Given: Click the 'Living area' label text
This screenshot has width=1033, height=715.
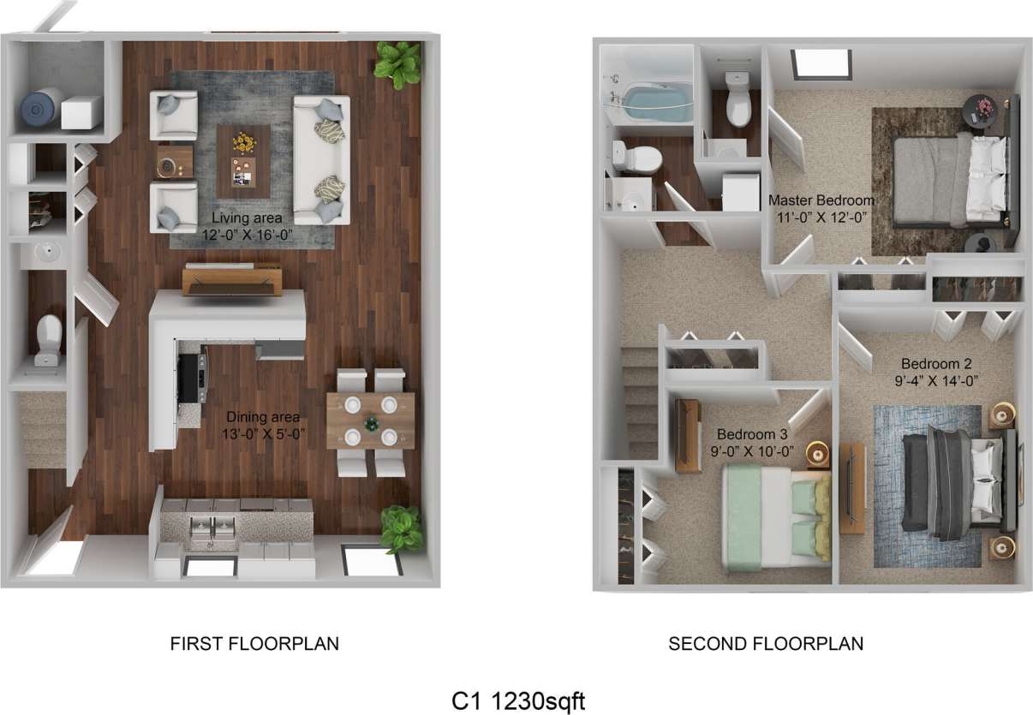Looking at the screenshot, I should [x=242, y=218].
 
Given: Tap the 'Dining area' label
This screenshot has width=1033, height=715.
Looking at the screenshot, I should [x=262, y=417].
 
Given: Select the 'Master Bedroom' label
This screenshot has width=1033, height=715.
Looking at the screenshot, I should [x=821, y=200].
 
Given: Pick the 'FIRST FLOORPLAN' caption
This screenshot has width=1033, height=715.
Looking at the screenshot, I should [x=254, y=643].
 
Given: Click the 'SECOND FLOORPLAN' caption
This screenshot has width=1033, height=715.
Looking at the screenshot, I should [x=766, y=643].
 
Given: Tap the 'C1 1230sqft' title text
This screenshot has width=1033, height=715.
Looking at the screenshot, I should [x=518, y=700].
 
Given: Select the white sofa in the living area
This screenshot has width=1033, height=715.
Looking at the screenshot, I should [x=321, y=160].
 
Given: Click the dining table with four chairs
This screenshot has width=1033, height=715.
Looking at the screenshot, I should [x=370, y=421].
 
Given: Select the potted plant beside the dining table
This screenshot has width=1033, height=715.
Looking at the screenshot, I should [x=401, y=528].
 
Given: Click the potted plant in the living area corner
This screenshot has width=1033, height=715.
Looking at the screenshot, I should [x=398, y=63].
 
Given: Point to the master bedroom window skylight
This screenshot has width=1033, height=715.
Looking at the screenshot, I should [x=821, y=63].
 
